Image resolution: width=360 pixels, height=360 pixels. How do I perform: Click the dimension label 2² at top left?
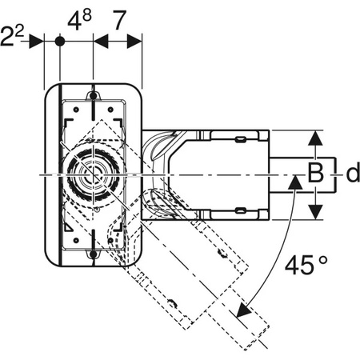(x=13, y=36)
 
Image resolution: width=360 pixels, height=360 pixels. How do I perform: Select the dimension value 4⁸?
(x=79, y=19)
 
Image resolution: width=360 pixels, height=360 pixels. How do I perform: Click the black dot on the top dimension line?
(x=60, y=42)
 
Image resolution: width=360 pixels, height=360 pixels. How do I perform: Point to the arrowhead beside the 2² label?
(x=36, y=42)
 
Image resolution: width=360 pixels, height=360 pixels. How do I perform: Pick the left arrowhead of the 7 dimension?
(x=101, y=42)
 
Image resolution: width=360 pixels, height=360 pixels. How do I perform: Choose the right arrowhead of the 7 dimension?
(x=134, y=42)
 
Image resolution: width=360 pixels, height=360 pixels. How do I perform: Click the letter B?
(x=316, y=174)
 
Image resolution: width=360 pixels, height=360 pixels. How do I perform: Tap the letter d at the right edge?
(x=353, y=174)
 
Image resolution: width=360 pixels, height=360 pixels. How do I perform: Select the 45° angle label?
(x=306, y=265)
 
